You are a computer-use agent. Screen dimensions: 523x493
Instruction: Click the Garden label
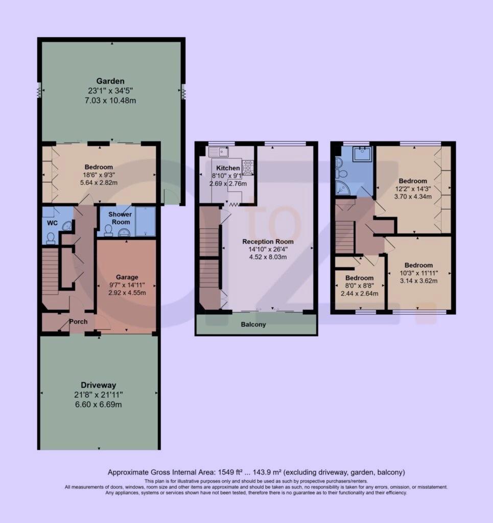pos(110,81)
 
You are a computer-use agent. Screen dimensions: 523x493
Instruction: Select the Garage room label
pos(126,277)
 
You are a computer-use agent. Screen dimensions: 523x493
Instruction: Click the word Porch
pos(78,322)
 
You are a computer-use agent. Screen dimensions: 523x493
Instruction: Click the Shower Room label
pos(120,218)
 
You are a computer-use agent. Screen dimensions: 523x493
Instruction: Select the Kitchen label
pos(227,168)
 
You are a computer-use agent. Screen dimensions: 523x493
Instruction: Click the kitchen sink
pos(220,151)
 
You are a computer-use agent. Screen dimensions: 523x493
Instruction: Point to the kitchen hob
pos(247,166)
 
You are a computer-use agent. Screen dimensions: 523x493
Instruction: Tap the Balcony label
pos(254,324)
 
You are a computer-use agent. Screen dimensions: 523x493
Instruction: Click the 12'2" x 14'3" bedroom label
pos(412,181)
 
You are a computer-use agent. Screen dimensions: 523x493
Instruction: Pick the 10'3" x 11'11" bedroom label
pos(418,265)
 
